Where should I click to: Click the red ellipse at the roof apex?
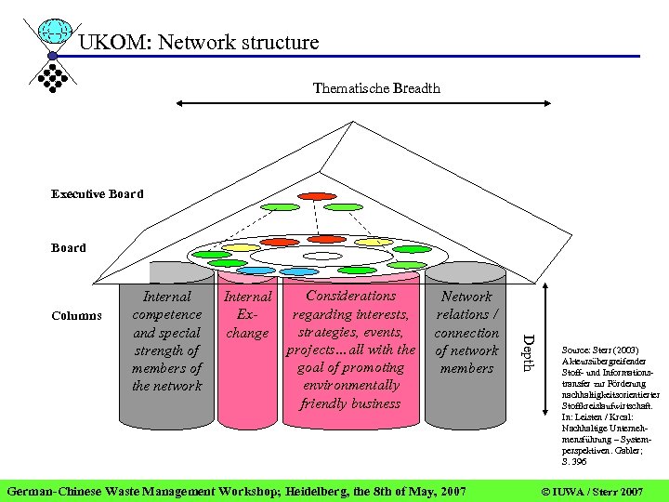317,196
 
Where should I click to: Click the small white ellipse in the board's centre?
322,256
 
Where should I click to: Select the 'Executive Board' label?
98,194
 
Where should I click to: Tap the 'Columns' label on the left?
77,315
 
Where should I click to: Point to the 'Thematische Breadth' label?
376,88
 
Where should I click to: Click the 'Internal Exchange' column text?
248,314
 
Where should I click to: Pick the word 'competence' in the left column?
167,314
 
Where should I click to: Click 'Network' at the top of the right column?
466,297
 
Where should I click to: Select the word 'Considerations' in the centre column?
350,296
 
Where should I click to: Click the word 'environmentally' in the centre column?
350,385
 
